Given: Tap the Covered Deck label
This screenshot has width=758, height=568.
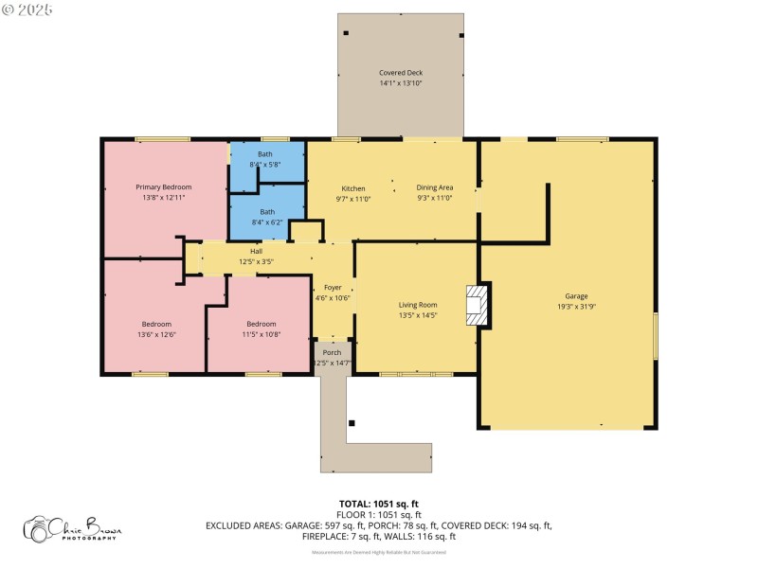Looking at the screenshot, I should pyautogui.click(x=401, y=73).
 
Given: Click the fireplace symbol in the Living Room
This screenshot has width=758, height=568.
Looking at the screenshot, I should pyautogui.click(x=475, y=306).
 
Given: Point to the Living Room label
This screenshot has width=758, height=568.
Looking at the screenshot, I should pyautogui.click(x=417, y=305).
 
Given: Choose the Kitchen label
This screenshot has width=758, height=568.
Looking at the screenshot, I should pyautogui.click(x=352, y=188).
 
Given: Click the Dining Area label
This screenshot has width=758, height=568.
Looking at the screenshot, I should pyautogui.click(x=435, y=188).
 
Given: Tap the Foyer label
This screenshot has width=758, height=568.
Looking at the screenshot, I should pyautogui.click(x=333, y=287).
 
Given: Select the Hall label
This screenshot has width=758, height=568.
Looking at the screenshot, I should pyautogui.click(x=256, y=251).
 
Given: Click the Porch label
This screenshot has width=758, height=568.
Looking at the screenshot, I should pyautogui.click(x=332, y=352).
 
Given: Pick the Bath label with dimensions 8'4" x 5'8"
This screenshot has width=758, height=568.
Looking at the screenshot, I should pyautogui.click(x=265, y=154).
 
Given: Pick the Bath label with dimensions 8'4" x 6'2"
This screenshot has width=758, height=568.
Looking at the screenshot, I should pyautogui.click(x=267, y=212).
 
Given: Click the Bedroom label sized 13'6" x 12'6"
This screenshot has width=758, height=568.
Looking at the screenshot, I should pyautogui.click(x=156, y=324).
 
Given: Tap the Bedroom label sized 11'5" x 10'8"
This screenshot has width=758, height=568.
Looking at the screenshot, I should pyautogui.click(x=261, y=324).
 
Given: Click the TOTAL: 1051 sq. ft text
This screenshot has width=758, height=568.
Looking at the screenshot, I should pyautogui.click(x=379, y=504).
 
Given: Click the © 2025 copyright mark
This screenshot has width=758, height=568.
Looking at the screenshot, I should pyautogui.click(x=28, y=9).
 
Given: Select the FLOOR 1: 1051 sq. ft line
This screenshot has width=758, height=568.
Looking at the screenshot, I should pyautogui.click(x=379, y=514).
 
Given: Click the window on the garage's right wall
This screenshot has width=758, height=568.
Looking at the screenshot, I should pyautogui.click(x=654, y=336).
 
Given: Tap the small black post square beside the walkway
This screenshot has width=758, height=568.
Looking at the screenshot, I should pyautogui.click(x=352, y=422).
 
